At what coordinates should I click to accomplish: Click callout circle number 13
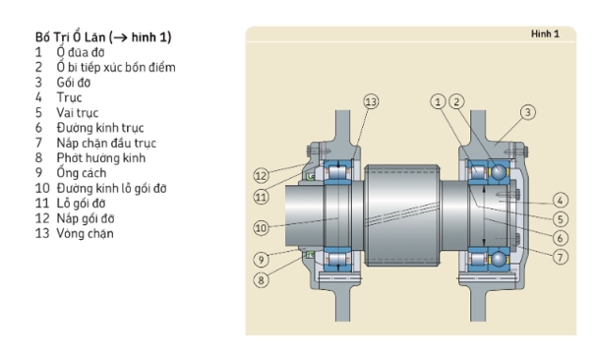[371, 101]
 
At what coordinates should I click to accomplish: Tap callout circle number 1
[438, 101]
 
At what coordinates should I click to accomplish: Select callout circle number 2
[456, 101]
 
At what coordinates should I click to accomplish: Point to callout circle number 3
[527, 112]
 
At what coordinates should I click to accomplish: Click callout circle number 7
[561, 257]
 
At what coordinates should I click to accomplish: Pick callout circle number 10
[261, 228]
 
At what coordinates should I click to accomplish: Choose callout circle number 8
[261, 280]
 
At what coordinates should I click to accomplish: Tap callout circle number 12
[261, 176]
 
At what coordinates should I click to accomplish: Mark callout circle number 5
[561, 219]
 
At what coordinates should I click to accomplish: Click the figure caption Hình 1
[545, 34]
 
